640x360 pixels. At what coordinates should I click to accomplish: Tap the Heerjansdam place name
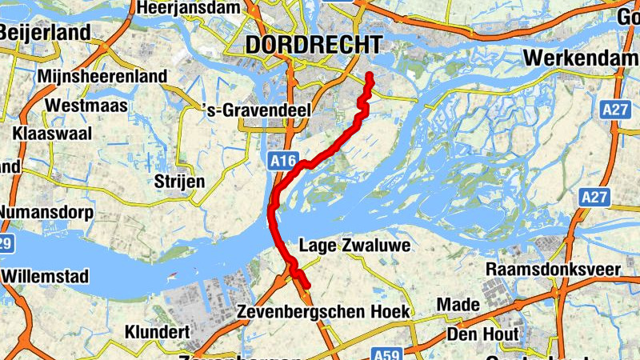point(189,8)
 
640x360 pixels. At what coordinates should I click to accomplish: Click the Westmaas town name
point(82,105)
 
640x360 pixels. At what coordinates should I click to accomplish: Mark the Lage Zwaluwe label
point(354,246)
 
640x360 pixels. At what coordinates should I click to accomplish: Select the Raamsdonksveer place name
point(553,269)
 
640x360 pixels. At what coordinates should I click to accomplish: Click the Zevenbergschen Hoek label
point(324,311)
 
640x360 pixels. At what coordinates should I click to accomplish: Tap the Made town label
point(458,305)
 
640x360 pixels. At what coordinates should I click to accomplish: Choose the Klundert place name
point(157,331)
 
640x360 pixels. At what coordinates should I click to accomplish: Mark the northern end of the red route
point(370,75)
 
